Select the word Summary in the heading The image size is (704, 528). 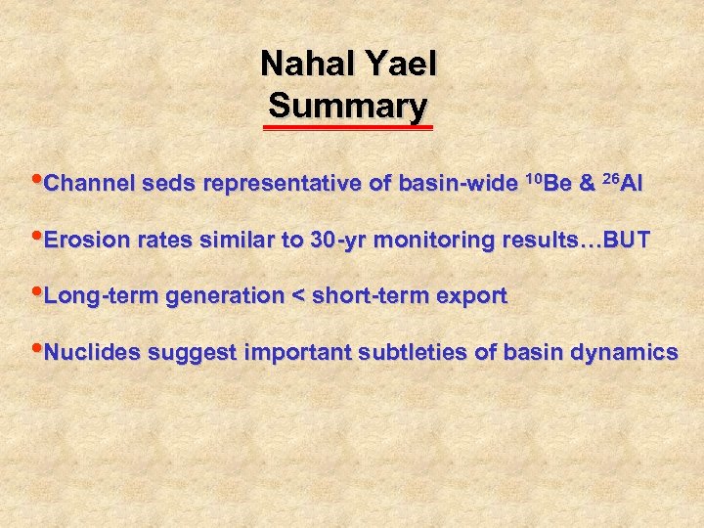point(347,105)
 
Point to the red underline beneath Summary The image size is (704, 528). point(348,126)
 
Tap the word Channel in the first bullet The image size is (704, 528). point(88,184)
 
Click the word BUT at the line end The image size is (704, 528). point(628,241)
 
